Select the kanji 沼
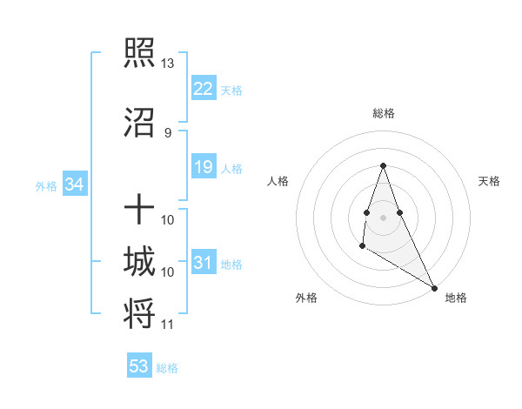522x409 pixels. [x=140, y=123]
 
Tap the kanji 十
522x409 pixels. [x=140, y=210]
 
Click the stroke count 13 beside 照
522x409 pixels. [x=168, y=64]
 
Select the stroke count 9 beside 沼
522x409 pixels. [x=168, y=132]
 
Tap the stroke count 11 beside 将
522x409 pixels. [x=168, y=325]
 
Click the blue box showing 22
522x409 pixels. [x=203, y=89]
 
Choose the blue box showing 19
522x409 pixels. [x=203, y=167]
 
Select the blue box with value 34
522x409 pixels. [x=74, y=184]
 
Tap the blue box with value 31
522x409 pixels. [x=203, y=263]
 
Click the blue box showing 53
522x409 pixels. [x=138, y=366]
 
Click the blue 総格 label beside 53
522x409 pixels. [x=167, y=368]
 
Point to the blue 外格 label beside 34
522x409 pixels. [x=46, y=185]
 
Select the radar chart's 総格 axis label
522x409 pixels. [x=384, y=113]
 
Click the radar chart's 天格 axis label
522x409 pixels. [x=489, y=181]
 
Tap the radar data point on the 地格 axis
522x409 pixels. [x=435, y=288]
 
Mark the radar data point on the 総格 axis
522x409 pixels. [x=384, y=165]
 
